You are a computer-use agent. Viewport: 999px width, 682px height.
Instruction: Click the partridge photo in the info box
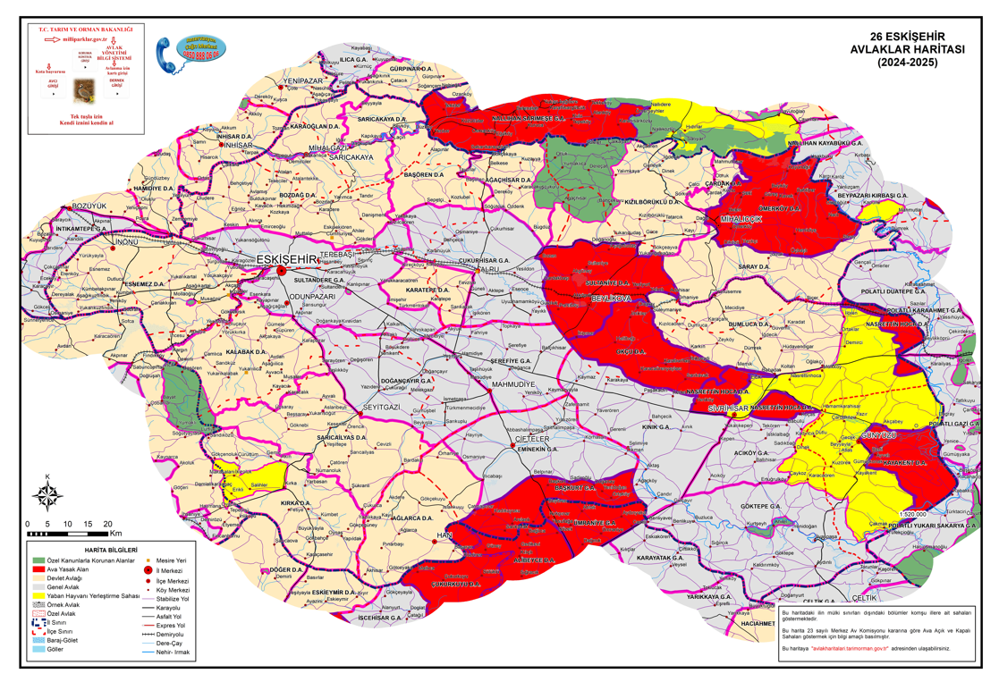coord(84,90)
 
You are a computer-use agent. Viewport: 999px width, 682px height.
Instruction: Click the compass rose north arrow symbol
coord(47,493)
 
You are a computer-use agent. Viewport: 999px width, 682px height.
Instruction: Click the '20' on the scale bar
coord(107,523)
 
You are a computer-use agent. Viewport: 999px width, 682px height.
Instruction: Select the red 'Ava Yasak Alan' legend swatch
coord(38,568)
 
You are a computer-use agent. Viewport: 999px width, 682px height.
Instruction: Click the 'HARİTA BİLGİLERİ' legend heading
coord(110,548)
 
